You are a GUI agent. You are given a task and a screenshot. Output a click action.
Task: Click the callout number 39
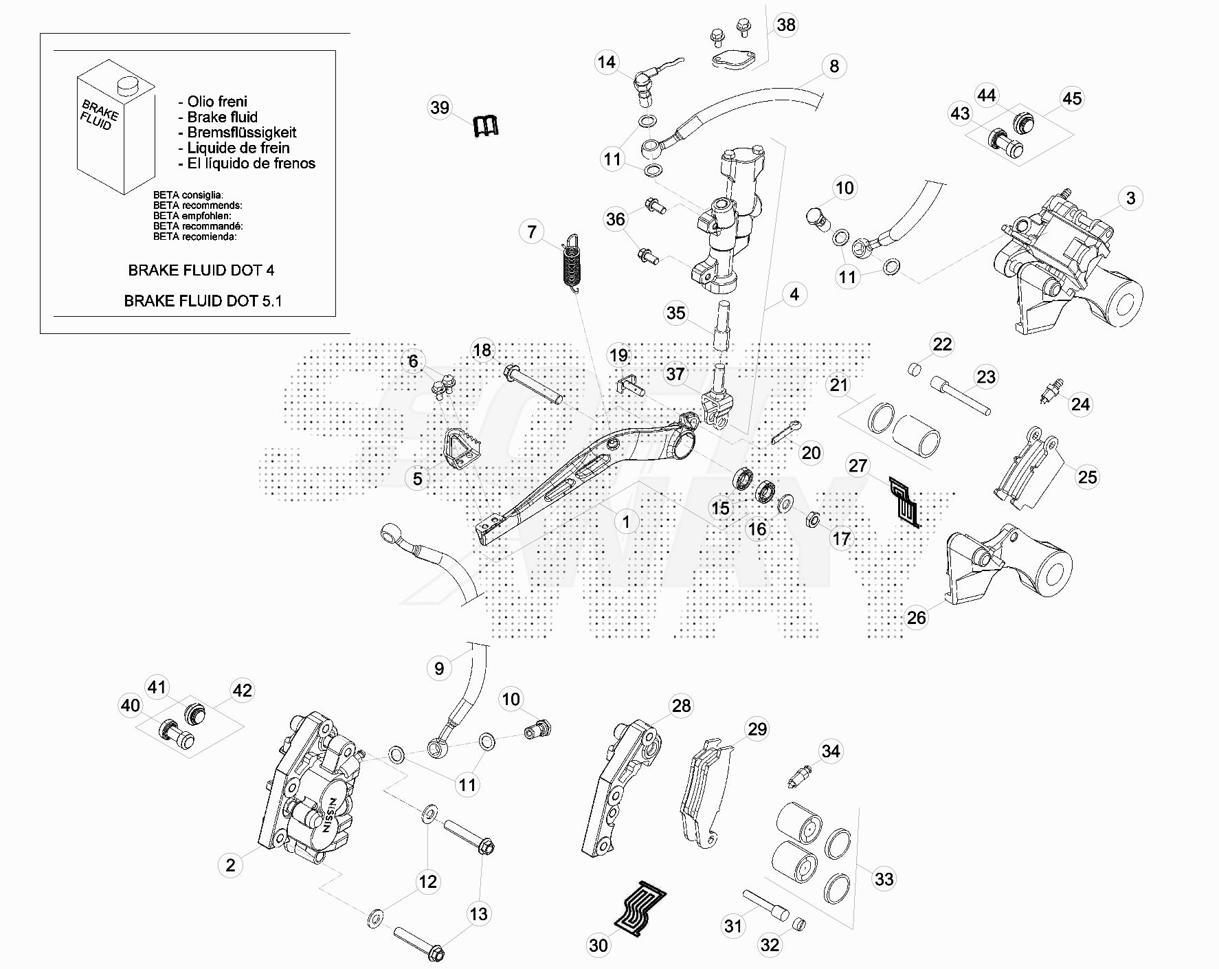[440, 108]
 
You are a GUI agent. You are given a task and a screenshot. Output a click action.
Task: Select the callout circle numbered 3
[1130, 199]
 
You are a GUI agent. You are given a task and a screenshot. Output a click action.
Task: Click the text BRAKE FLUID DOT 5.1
[203, 301]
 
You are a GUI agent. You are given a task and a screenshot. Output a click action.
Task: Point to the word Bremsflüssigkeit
[241, 133]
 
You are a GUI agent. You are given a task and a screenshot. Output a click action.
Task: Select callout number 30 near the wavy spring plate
[599, 946]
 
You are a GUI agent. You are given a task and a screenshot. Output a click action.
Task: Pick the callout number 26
[916, 618]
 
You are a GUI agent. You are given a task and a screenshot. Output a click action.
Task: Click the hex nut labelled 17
[812, 519]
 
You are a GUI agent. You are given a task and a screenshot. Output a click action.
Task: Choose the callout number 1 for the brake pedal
[625, 522]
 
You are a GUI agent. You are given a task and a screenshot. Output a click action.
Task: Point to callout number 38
[785, 25]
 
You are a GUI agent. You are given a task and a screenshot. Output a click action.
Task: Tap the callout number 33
[884, 879]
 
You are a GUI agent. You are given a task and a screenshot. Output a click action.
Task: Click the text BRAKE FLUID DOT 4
[201, 271]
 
